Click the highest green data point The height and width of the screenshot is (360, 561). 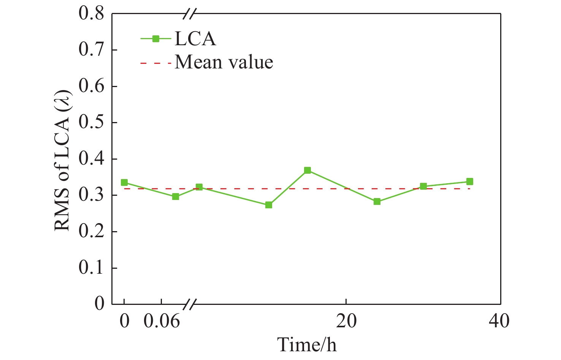(x=307, y=170)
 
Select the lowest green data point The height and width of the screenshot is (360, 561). (x=269, y=205)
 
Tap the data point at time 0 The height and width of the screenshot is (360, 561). (x=124, y=182)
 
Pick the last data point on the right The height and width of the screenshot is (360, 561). (x=470, y=181)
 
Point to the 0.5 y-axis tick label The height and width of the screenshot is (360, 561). (x=91, y=123)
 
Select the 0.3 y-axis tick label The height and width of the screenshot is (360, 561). (x=91, y=195)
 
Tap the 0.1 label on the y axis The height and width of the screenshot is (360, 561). (x=91, y=268)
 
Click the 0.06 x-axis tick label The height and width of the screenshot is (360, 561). (x=162, y=322)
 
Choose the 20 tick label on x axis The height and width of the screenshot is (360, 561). (x=346, y=322)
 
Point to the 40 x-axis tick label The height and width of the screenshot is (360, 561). (x=499, y=322)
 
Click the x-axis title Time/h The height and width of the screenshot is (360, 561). (x=307, y=345)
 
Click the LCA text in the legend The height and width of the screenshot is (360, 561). (x=195, y=39)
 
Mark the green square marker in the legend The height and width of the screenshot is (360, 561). (x=155, y=38)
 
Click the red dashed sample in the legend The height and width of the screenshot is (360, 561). (x=155, y=63)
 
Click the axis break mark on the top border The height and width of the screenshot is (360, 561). (x=189, y=14)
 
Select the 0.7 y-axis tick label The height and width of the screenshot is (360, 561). (x=91, y=50)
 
